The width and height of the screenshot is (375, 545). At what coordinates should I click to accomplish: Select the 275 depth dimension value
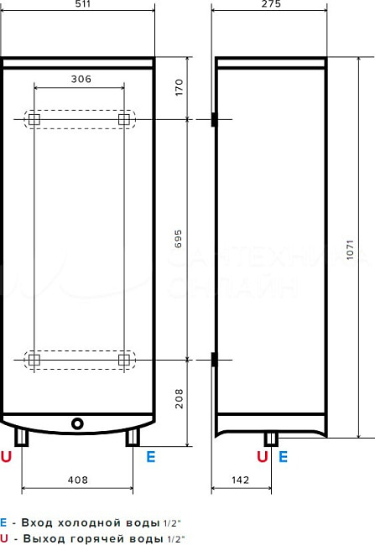[269, 4]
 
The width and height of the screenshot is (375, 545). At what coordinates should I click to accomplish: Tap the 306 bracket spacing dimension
[80, 79]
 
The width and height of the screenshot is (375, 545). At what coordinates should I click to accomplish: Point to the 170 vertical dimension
[177, 88]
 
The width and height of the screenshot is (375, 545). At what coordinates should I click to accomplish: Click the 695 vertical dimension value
[177, 240]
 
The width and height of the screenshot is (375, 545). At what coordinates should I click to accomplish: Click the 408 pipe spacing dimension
[77, 481]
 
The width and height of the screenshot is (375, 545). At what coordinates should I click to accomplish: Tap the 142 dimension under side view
[242, 481]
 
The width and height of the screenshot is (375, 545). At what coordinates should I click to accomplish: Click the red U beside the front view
[7, 457]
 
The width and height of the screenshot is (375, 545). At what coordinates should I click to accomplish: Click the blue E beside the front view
[151, 457]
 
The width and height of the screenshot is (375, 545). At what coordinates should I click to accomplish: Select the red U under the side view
[262, 457]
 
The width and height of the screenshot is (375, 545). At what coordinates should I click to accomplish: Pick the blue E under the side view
[283, 457]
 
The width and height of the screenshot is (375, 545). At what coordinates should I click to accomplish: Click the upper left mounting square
[34, 120]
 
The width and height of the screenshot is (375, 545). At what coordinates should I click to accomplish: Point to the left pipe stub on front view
[22, 437]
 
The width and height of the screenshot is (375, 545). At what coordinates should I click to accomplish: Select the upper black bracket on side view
[214, 120]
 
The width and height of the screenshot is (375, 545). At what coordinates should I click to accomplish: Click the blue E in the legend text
[3, 521]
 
